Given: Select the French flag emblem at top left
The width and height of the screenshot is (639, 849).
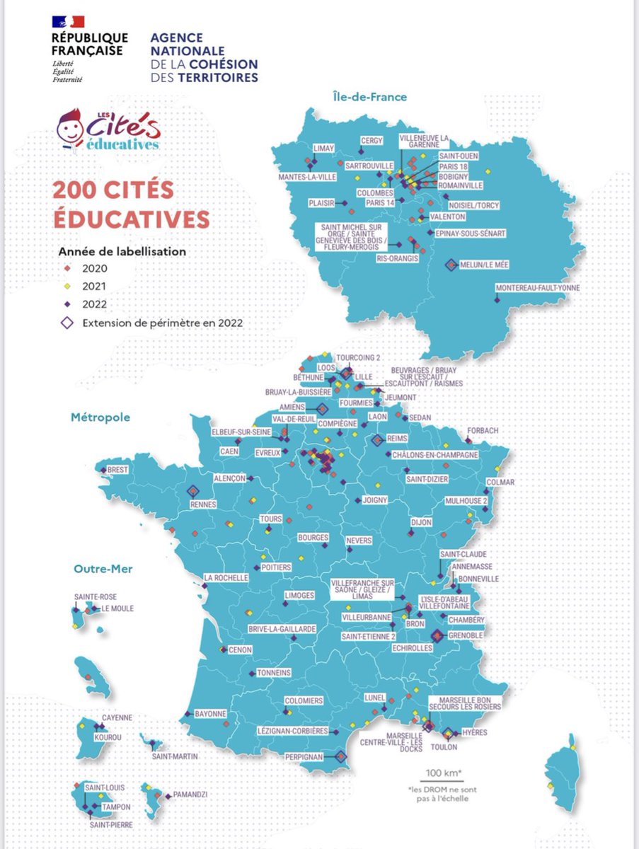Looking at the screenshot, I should pos(67,21).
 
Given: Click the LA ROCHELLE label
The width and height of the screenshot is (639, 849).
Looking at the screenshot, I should pos(226,577).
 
